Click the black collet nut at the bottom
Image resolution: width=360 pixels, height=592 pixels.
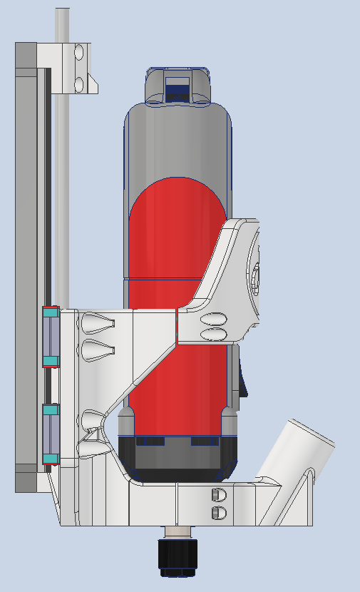click(177, 556)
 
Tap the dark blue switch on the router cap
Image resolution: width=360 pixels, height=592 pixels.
click(178, 92)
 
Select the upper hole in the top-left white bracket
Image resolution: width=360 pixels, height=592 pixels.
click(79, 52)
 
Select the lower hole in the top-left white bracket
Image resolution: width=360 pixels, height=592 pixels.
click(79, 84)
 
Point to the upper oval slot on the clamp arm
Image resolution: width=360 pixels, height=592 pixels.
click(215, 319)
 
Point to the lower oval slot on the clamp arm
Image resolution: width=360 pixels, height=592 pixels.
click(215, 334)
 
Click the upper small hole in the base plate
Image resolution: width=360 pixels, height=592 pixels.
click(219, 494)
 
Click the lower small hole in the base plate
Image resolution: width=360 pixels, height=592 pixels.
click(219, 513)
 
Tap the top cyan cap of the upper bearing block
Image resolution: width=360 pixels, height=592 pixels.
click(50, 312)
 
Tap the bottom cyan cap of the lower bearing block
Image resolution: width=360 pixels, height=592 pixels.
click(50, 458)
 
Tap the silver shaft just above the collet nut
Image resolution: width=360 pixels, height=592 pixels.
click(177, 532)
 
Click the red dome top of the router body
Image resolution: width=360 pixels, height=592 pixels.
click(178, 207)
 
